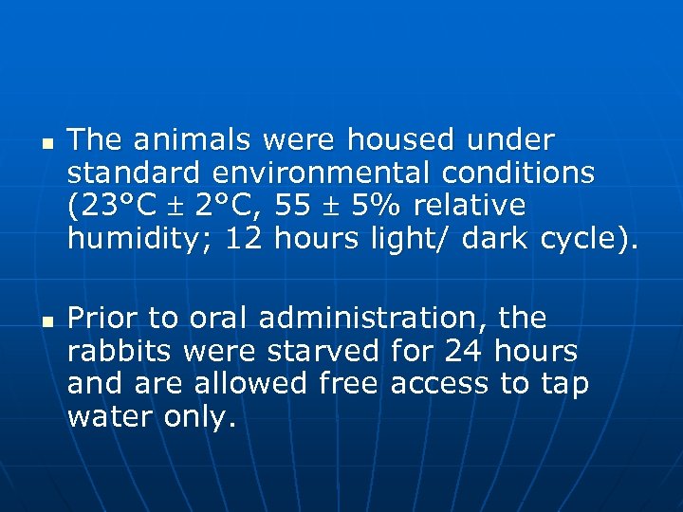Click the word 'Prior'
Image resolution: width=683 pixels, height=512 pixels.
point(102,318)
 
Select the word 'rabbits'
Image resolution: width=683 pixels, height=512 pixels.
point(120,351)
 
